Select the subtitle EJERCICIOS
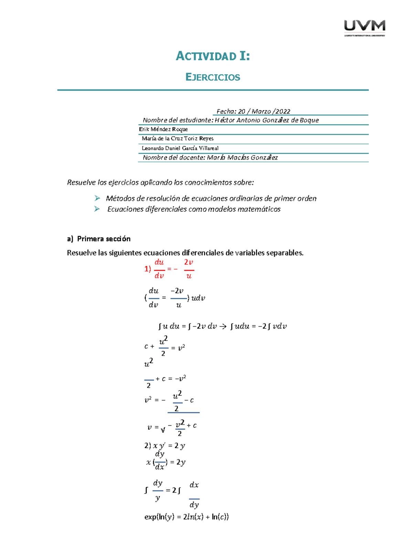tap(213, 77)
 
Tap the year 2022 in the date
tap(283, 111)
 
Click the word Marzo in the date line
tap(261, 111)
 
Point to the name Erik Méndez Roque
tap(163, 129)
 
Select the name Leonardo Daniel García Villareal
tap(180, 148)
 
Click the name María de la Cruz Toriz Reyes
tap(178, 139)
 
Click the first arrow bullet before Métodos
tap(97, 198)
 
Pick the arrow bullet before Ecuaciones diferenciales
tap(97, 209)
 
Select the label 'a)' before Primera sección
tap(70, 239)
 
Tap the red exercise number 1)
tap(148, 269)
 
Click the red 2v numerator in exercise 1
tap(189, 262)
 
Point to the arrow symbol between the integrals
tap(223, 326)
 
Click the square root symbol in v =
tap(163, 429)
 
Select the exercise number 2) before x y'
tap(148, 446)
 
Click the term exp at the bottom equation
tap(150, 517)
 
